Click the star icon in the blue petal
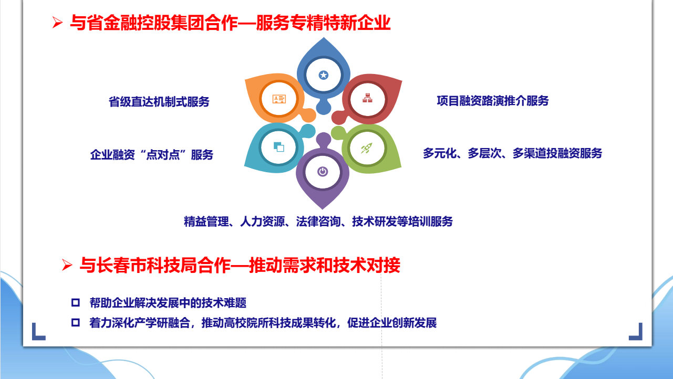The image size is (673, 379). tap(323, 75)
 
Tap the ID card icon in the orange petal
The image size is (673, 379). tap(279, 99)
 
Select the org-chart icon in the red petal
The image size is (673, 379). tap(367, 98)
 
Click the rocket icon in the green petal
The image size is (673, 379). tap(367, 148)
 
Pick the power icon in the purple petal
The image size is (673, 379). tap(323, 172)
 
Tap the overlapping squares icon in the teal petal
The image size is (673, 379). tap(279, 147)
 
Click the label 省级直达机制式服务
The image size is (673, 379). tap(159, 102)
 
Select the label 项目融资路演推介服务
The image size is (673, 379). tap(493, 101)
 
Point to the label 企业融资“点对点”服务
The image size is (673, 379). tap(152, 155)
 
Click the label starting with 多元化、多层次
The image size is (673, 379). tap(513, 153)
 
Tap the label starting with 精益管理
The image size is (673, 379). tap(318, 222)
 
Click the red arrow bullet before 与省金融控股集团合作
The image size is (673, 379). tap(57, 23)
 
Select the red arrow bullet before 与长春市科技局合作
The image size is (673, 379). tap(67, 265)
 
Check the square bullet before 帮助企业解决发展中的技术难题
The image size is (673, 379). tap(76, 302)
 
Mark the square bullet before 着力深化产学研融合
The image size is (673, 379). tap(76, 323)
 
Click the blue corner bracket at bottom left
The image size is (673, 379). tap(38, 332)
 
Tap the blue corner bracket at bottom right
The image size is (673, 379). tap(636, 332)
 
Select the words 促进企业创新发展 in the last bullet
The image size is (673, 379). tap(392, 323)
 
